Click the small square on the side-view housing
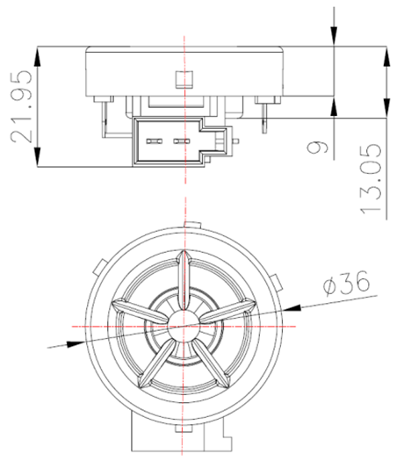pos(183,79)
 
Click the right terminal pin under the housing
pos(267,114)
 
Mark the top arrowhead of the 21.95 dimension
pos(37,53)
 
